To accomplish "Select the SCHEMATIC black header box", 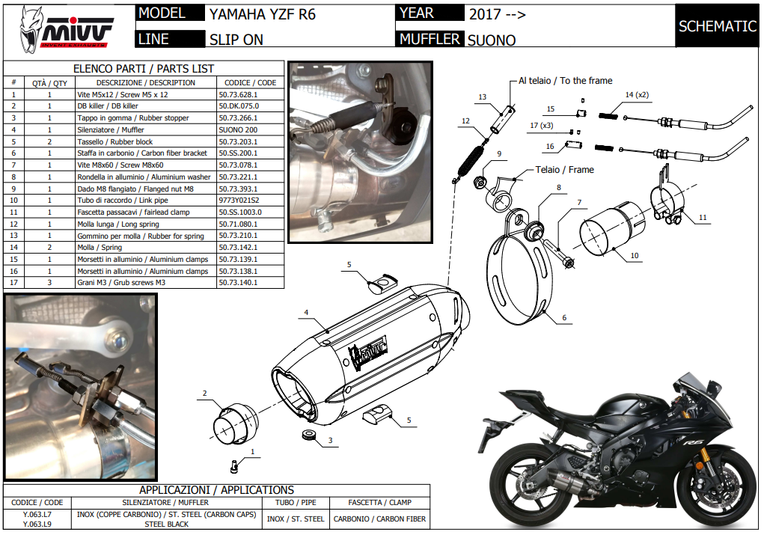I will tap(717, 26).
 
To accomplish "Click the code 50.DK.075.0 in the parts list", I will tap(239, 106).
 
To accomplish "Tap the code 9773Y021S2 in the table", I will tap(239, 201).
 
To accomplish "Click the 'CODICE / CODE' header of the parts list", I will tap(250, 82).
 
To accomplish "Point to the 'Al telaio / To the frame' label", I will tap(565, 81).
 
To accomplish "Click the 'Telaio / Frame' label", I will tap(564, 170).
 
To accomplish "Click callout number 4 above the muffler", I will tap(306, 312).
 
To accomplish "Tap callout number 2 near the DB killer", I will tap(204, 393).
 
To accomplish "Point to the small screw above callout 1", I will tap(233, 466).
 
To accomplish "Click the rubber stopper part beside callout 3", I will tap(307, 435).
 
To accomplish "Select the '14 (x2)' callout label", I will tap(637, 95).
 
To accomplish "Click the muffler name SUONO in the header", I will tap(492, 40).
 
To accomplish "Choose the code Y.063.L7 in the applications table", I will tap(37, 515).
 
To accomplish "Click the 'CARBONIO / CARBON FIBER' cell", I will tap(379, 519).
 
